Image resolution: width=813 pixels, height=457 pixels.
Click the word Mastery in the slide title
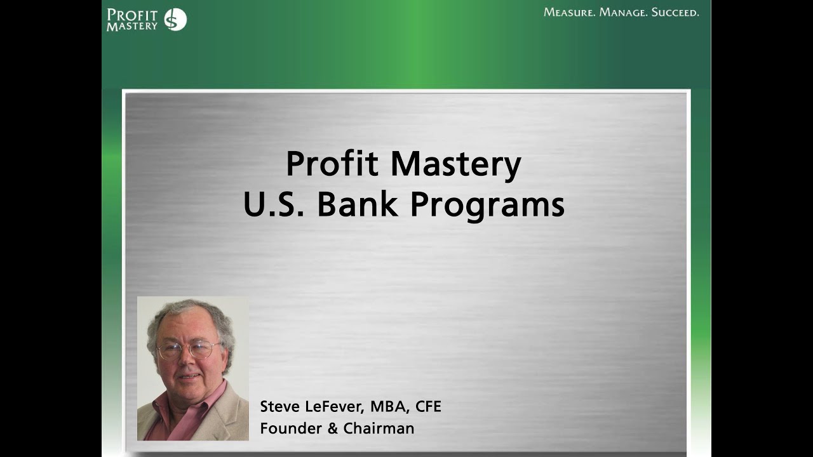(455, 165)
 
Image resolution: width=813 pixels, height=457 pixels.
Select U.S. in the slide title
(274, 204)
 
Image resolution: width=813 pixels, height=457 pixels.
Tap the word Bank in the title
(358, 204)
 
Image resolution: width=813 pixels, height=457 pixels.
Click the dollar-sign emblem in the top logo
(175, 20)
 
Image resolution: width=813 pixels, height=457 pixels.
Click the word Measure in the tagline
(569, 12)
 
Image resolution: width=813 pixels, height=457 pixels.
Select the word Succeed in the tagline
(675, 12)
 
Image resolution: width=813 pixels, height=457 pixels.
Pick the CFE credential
(427, 407)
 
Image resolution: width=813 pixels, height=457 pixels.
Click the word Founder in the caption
(290, 428)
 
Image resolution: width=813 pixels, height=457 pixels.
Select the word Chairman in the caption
(379, 428)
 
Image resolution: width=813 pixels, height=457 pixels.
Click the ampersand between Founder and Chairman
(333, 428)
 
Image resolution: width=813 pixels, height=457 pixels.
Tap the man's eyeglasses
(189, 348)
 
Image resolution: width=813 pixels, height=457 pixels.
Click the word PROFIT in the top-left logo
(132, 15)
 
